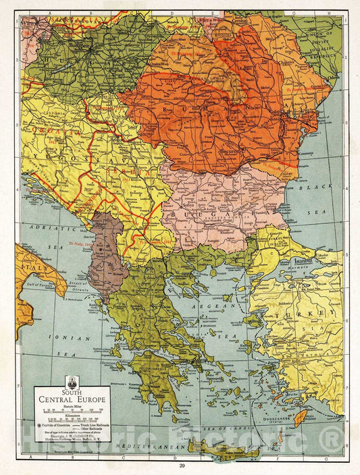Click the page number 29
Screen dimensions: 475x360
click(181, 466)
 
